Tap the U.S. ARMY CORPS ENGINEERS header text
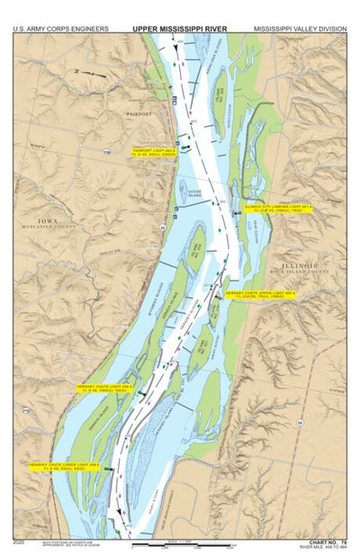[x=60, y=29]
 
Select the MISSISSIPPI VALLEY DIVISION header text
[x=299, y=29]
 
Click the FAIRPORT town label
[x=138, y=115]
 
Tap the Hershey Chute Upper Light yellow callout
[x=261, y=294]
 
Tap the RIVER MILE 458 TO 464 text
[x=326, y=550]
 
